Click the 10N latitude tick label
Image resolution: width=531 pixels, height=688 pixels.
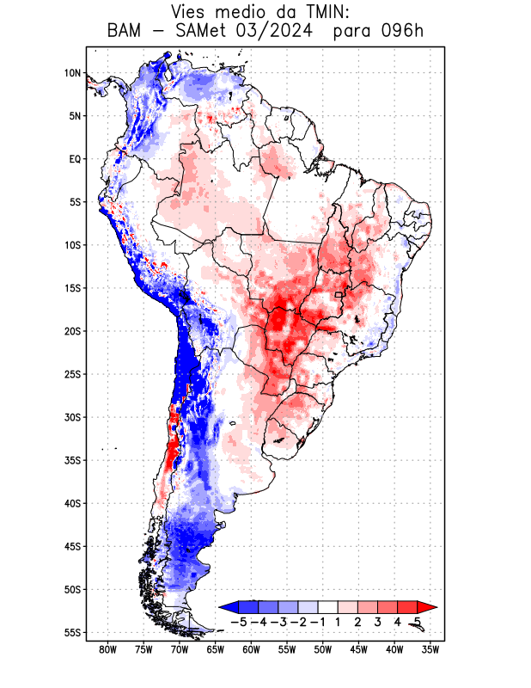point(72,73)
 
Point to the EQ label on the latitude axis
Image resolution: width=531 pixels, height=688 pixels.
point(74,159)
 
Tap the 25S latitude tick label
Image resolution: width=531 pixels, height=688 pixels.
point(72,374)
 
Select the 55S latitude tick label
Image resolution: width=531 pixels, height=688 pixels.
point(72,632)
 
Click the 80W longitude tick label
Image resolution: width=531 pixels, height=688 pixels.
point(107,650)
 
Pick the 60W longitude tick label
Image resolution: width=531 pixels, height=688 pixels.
point(251,650)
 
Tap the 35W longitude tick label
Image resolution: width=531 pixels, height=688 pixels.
point(430,650)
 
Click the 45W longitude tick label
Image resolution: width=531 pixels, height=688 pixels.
point(358,650)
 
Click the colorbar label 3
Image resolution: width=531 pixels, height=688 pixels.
point(378,622)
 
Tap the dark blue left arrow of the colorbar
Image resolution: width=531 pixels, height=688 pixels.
point(228,607)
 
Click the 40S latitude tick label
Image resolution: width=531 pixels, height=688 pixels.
point(72,503)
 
